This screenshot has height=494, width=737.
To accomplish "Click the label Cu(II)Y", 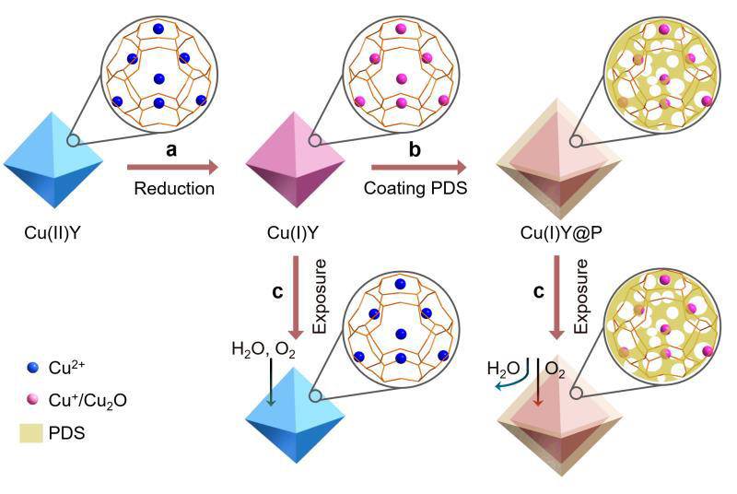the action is tap(53, 232).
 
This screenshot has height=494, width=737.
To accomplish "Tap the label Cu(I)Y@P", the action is tap(561, 232).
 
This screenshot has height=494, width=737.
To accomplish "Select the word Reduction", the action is tap(174, 189).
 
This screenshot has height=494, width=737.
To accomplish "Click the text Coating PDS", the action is tap(415, 188).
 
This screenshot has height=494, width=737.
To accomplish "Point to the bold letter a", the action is tap(172, 149).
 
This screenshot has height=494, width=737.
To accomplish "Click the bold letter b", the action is tap(415, 148).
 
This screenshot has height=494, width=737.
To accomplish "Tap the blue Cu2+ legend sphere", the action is tap(33, 368).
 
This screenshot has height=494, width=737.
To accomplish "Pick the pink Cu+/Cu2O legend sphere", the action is tap(33, 399).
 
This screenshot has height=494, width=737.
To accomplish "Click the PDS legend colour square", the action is tap(31, 433).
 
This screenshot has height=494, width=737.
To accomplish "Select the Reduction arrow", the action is tap(173, 167).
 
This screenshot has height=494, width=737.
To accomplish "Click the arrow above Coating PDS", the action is tap(419, 167).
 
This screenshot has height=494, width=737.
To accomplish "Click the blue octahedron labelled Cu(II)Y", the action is tap(53, 159).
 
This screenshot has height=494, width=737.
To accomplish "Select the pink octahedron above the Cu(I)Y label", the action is tap(296, 159).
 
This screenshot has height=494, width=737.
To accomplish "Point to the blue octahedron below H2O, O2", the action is tap(296, 415).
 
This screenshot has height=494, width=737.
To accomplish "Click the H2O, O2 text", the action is tap(263, 349).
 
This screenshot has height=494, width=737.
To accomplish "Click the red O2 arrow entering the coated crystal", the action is tap(538, 382).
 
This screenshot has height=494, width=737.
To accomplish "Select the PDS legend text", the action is tap(66, 433).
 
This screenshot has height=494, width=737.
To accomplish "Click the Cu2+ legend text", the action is tap(66, 367).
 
